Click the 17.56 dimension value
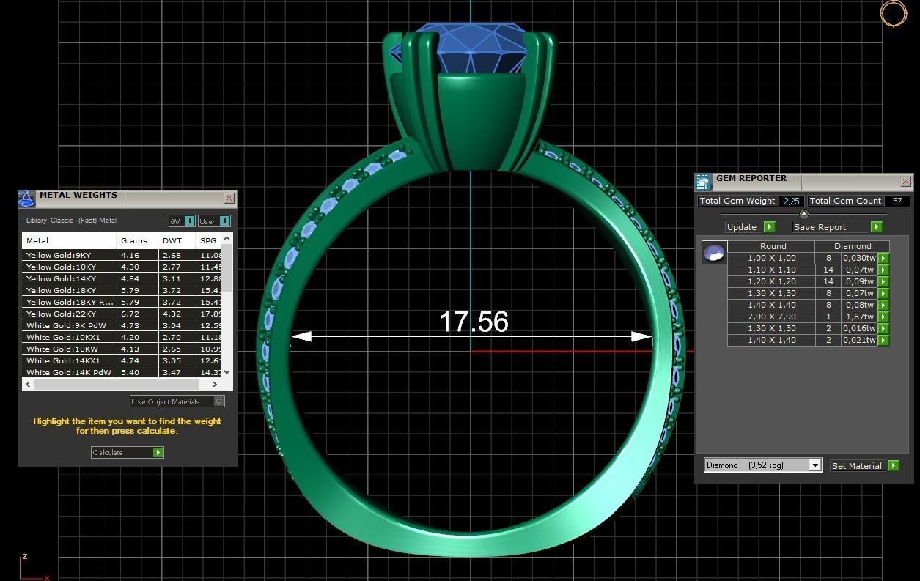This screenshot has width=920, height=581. [x=474, y=322]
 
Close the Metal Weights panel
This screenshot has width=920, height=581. [x=229, y=198]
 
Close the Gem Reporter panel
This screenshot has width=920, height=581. [x=905, y=181]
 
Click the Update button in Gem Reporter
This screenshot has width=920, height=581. [x=750, y=227]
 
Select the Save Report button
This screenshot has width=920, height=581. [x=836, y=227]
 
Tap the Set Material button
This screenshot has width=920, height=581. [x=864, y=465]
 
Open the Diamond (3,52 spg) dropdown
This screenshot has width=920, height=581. [x=814, y=465]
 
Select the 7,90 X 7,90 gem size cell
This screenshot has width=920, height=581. [x=771, y=317]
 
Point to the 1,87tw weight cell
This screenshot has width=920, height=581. [x=859, y=317]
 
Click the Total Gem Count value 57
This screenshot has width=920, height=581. [x=897, y=201]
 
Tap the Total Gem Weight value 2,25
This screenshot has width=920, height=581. [x=790, y=201]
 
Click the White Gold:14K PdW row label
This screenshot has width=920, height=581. [x=68, y=372]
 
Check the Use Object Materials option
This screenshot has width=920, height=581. [x=218, y=401]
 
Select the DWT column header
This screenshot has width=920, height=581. [x=172, y=240]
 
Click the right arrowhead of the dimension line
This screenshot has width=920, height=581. [x=642, y=337]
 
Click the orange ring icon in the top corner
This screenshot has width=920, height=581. [x=893, y=13]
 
